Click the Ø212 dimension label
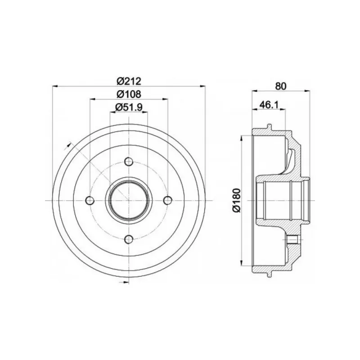coord(129,81)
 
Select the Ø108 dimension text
coord(129,94)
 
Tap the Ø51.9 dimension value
coord(129,107)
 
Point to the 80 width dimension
coord(281,86)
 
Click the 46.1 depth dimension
coord(269,105)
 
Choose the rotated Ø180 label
coord(237,200)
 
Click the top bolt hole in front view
coord(129,162)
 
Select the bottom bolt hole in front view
coord(129,240)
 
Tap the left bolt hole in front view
coord(90,200)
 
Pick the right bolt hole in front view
coord(168,200)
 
